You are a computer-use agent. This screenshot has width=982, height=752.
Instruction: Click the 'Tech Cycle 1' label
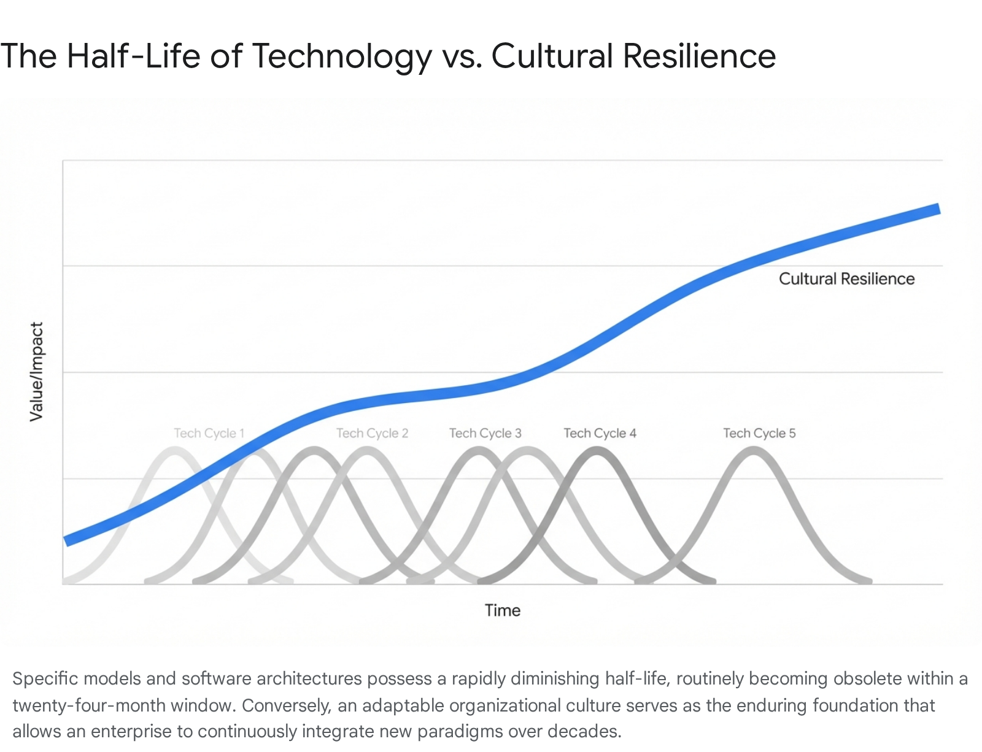pos(209,433)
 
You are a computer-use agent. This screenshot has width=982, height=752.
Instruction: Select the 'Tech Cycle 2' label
pos(372,433)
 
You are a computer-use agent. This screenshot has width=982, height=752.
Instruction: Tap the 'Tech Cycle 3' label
pos(485,433)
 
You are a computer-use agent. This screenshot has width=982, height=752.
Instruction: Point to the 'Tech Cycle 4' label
pos(600,433)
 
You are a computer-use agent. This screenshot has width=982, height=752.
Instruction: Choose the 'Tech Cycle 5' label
pos(759,433)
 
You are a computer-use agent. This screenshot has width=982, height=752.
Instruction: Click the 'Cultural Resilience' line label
pos(846,279)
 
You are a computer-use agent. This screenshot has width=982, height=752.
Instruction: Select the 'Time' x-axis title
pos(502,610)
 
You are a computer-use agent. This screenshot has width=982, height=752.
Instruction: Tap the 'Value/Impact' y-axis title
pos(37,372)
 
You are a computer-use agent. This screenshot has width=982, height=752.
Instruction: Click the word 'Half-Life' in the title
pos(134,56)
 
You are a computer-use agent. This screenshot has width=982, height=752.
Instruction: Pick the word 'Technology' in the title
pos(342,56)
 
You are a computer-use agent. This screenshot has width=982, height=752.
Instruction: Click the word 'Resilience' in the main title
pos(699,56)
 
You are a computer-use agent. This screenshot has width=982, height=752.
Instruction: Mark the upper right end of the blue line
pos(937,210)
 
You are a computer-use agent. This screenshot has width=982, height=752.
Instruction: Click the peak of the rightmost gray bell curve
pos(753,451)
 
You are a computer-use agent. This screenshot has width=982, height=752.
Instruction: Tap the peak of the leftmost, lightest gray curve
pos(176,451)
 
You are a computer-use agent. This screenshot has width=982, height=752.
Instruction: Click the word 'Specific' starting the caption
pos(45,679)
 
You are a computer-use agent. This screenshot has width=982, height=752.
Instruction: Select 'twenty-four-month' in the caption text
pos(88,705)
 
